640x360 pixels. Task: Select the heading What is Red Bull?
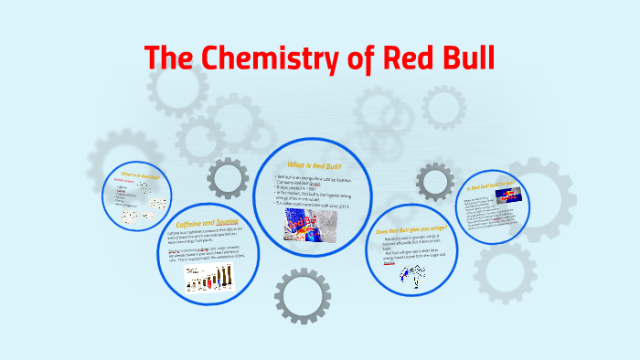coord(313,166)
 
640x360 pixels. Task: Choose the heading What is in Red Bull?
coord(139,175)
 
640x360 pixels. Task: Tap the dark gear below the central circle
coord(302,294)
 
